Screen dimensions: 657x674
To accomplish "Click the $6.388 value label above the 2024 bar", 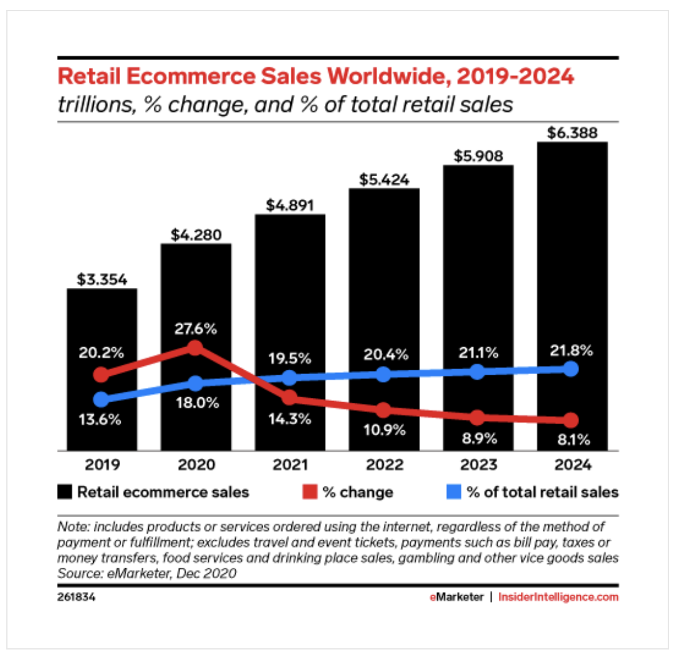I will pos(571,133).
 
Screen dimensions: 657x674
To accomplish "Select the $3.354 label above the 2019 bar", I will pos(102,279).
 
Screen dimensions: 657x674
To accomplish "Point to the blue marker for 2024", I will pos(570,369).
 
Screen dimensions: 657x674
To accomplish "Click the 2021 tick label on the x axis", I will pos(290,465).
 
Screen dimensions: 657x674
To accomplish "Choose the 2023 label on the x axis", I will pos(477,465).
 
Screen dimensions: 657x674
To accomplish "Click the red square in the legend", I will pos(311,492).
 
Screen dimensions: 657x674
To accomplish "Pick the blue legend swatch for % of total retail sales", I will pos(455,492).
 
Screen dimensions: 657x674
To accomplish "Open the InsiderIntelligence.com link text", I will pos(558,597).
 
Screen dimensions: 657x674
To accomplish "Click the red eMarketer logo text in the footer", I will pos(456,597).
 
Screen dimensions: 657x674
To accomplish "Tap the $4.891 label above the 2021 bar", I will pos(290,205).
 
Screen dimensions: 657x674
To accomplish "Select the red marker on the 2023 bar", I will pos(477,418).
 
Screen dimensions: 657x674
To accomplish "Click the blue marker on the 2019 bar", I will pos(101,399).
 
